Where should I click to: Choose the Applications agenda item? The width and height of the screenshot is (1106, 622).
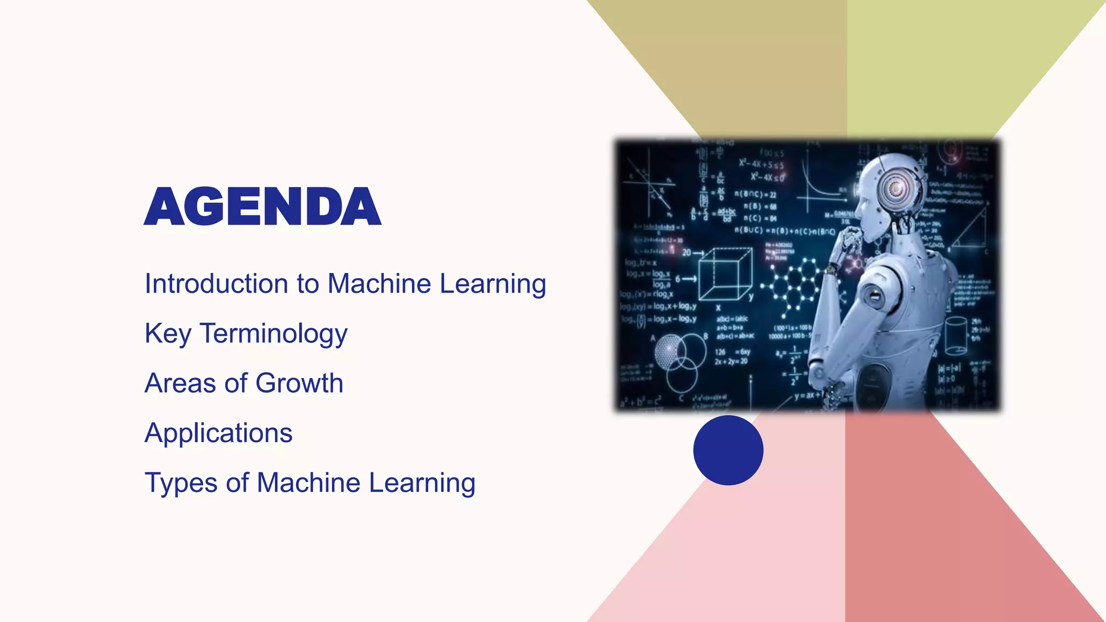click(218, 433)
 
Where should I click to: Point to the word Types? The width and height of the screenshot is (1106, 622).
click(181, 483)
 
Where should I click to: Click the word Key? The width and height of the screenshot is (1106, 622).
click(167, 334)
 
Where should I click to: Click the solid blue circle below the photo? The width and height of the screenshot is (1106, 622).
click(728, 450)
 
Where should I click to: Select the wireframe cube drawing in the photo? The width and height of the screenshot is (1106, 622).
click(725, 274)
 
